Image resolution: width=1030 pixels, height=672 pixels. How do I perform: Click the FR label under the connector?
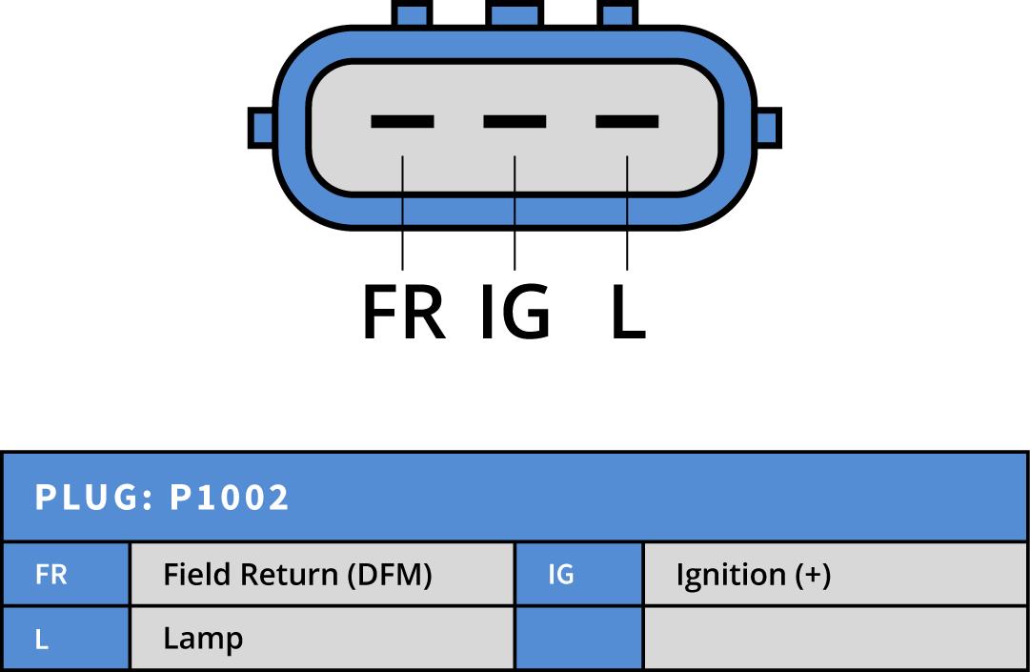click(x=403, y=313)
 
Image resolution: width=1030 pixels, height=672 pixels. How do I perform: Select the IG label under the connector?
click(x=515, y=313)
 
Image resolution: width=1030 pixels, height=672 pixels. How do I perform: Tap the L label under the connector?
click(x=627, y=313)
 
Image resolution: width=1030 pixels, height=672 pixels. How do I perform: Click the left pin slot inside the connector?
click(x=402, y=121)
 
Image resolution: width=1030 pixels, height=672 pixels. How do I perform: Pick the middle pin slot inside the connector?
click(x=515, y=121)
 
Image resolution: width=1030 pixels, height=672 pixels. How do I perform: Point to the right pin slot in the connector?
click(x=627, y=121)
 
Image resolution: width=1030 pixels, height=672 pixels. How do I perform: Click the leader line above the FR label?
click(x=403, y=214)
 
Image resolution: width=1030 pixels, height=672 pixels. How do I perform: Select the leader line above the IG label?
click(x=515, y=214)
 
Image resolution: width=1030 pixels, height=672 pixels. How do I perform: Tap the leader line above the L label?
click(x=627, y=214)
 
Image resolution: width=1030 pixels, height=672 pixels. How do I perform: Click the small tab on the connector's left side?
click(x=261, y=127)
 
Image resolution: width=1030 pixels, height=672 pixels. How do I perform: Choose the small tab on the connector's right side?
click(x=768, y=127)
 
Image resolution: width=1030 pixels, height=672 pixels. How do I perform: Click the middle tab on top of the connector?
click(x=515, y=12)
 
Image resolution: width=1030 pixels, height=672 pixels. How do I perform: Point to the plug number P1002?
click(x=229, y=498)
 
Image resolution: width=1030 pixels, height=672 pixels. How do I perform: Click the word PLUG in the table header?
click(x=88, y=498)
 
